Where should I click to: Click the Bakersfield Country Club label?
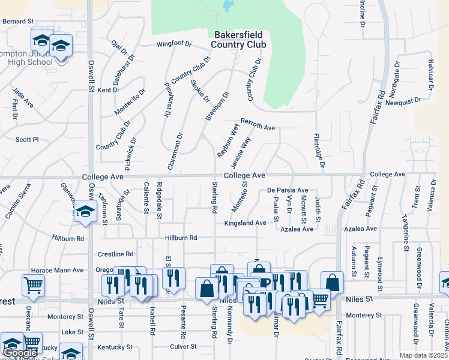(x=239, y=39)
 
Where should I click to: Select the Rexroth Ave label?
(x=258, y=124)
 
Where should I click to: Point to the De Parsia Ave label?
(x=288, y=190)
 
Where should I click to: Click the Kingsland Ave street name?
(x=245, y=223)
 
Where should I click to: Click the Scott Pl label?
(x=27, y=139)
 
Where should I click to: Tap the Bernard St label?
(x=18, y=21)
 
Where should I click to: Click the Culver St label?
(x=183, y=346)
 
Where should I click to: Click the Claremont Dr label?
(x=175, y=151)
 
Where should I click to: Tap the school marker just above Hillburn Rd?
(x=85, y=211)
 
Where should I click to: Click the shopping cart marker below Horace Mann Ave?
(x=33, y=285)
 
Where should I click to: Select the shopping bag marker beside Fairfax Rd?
(x=332, y=282)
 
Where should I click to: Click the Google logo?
(x=20, y=353)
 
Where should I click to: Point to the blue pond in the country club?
(x=228, y=7)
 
